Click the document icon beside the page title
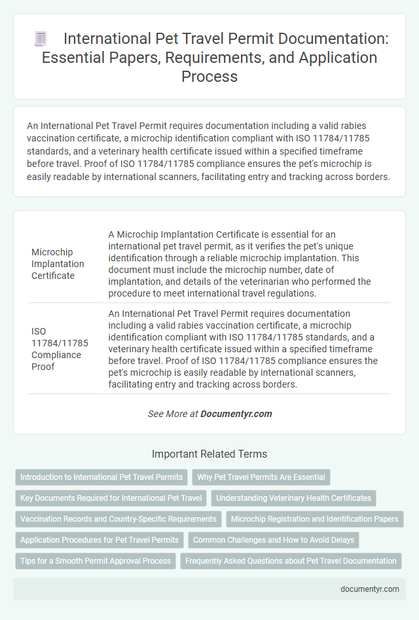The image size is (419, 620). tap(41, 39)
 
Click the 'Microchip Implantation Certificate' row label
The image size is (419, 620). tap(58, 264)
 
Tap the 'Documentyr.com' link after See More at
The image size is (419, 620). tap(236, 414)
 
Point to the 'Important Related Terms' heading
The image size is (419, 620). tap(209, 454)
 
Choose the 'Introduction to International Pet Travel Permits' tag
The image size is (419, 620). tap(101, 477)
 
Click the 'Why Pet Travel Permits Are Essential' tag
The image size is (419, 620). tap(261, 477)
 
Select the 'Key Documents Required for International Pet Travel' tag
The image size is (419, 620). tap(111, 498)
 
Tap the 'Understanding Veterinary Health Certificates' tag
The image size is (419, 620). tap(293, 498)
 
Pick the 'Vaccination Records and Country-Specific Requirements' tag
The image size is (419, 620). tap(118, 519)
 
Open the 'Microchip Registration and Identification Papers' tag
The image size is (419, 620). tap(315, 519)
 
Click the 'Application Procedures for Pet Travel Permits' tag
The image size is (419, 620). tap(100, 540)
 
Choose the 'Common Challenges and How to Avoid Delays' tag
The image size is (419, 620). tap(274, 540)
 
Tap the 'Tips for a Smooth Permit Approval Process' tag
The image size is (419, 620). tap(96, 561)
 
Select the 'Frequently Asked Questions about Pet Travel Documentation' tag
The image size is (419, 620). tap(291, 561)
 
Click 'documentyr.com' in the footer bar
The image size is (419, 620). tap(370, 589)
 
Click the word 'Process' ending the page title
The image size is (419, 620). tap(209, 76)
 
